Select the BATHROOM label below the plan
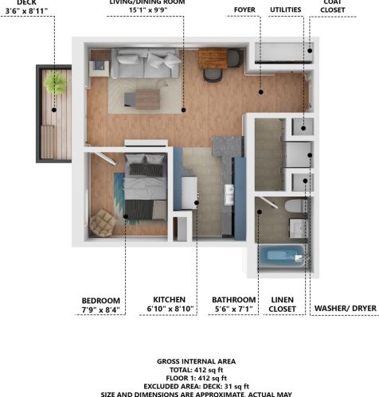pos(235,300)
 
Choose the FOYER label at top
pos(245,10)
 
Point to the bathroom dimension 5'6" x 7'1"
pos(235,309)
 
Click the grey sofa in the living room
pos(145,64)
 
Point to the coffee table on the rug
pos(147,98)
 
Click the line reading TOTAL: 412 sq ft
pos(189,370)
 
